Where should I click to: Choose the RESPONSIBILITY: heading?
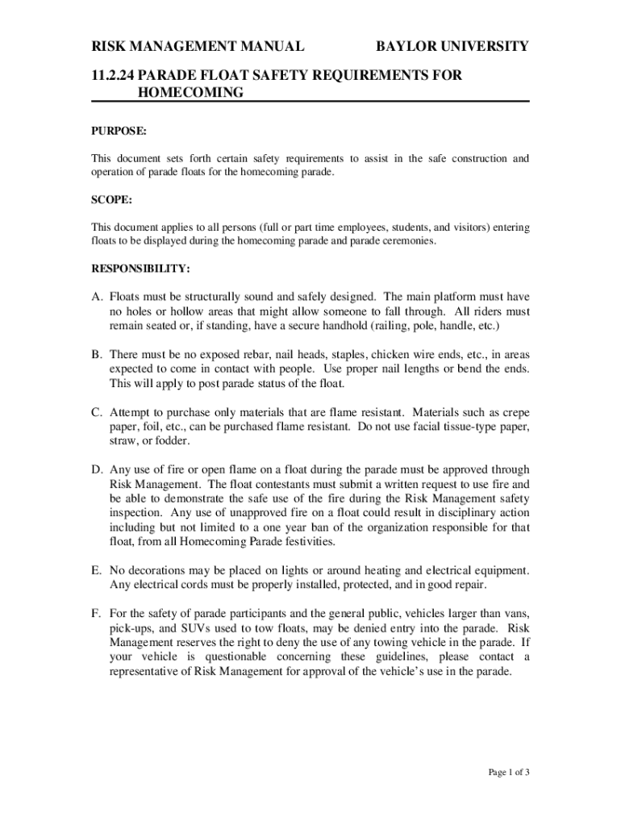pyautogui.click(x=140, y=267)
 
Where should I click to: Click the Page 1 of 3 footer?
pyautogui.click(x=509, y=773)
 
